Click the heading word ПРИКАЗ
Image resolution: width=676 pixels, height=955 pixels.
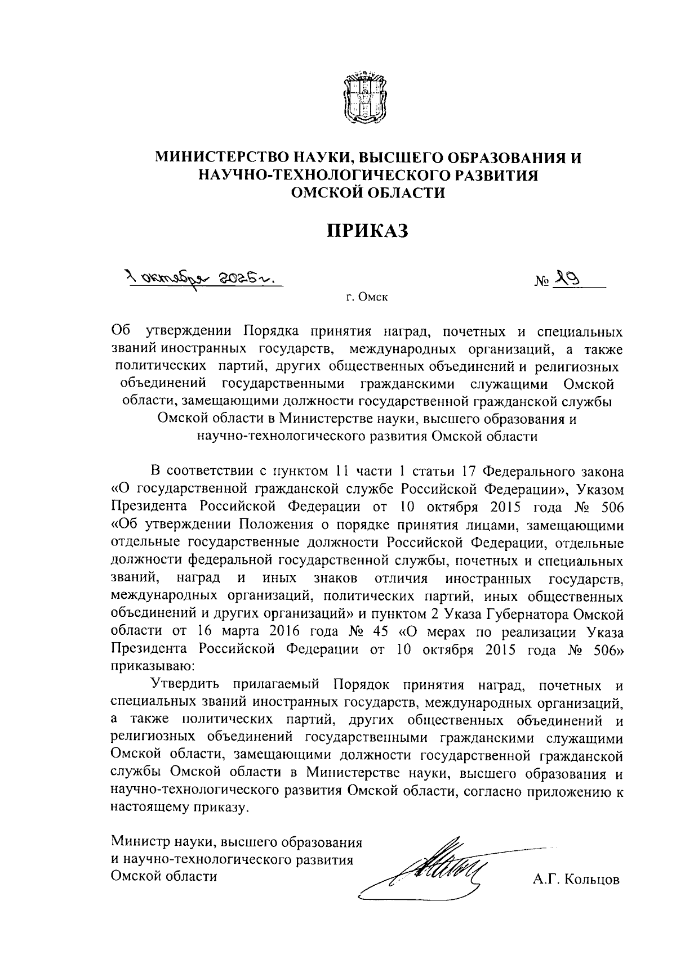[x=367, y=231]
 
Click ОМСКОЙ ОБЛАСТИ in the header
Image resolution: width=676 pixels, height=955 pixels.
[x=367, y=194]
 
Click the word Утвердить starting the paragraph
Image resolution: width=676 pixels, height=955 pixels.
[x=181, y=684]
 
